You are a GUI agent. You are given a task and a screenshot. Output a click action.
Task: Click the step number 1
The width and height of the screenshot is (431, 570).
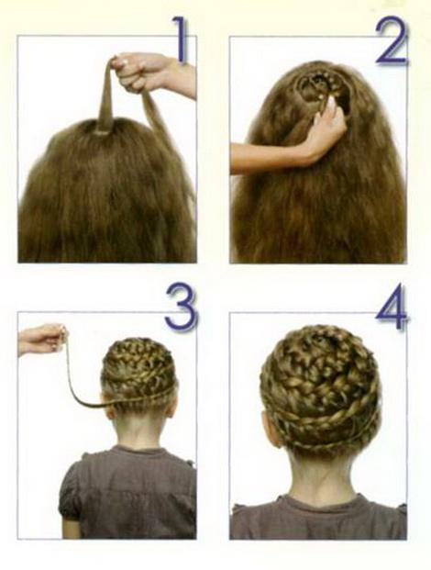[181, 39]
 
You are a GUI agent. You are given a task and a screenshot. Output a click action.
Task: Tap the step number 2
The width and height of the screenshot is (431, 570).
[392, 41]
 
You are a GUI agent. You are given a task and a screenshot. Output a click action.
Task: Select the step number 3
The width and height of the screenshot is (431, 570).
[182, 307]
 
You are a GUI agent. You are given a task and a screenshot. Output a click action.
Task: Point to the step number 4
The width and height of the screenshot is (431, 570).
[392, 307]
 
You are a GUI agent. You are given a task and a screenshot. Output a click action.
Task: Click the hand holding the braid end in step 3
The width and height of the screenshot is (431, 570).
[43, 339]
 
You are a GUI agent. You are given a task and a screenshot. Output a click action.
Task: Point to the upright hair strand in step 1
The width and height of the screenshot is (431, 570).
[105, 98]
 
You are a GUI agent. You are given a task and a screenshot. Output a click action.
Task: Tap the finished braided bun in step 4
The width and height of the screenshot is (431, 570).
[319, 389]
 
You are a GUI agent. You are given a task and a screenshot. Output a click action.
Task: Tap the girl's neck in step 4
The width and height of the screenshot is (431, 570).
[319, 476]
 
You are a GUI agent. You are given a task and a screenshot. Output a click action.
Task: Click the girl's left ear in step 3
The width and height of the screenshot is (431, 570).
[109, 408]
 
